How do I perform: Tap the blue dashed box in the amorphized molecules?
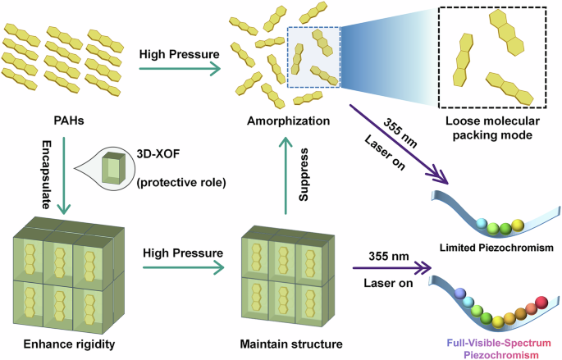pyautogui.click(x=313, y=55)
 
